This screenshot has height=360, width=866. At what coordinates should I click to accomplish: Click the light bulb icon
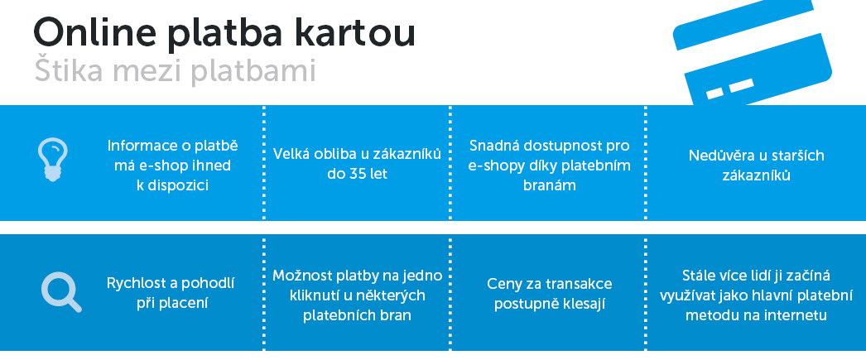(53, 160)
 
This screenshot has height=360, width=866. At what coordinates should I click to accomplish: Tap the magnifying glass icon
(60, 292)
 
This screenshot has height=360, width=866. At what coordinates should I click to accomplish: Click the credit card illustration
(753, 52)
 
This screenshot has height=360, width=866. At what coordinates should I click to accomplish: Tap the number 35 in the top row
(358, 174)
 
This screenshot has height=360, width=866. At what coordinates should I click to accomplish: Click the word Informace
(140, 146)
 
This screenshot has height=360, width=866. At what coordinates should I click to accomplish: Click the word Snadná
(492, 146)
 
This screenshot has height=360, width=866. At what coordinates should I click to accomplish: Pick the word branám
(550, 185)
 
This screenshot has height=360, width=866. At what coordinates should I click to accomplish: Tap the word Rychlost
(135, 284)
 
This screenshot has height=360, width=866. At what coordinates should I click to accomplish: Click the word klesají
(585, 305)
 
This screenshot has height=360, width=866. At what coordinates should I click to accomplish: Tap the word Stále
(699, 275)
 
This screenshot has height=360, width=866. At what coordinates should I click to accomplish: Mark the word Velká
(291, 154)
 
